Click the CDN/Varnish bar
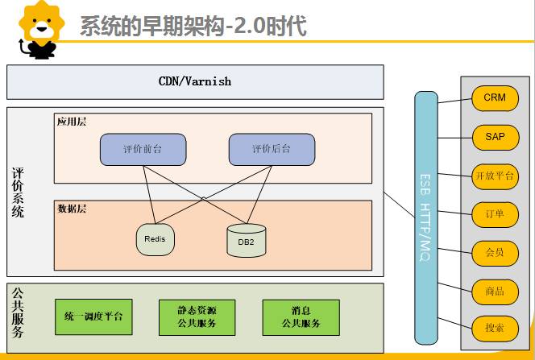tap(195, 81)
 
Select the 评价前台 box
tap(143, 150)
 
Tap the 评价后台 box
tap(272, 150)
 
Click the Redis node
tap(155, 239)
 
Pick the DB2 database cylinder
tap(246, 241)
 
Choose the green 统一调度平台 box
tap(93, 317)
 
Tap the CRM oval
tap(495, 98)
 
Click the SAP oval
tap(495, 137)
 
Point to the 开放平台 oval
tap(495, 176)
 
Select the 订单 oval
tap(495, 214)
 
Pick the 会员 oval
tap(495, 252)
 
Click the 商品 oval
tap(495, 291)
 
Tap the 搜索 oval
tap(495, 329)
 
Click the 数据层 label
tap(72, 209)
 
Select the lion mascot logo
tap(35, 30)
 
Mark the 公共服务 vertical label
tap(19, 310)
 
